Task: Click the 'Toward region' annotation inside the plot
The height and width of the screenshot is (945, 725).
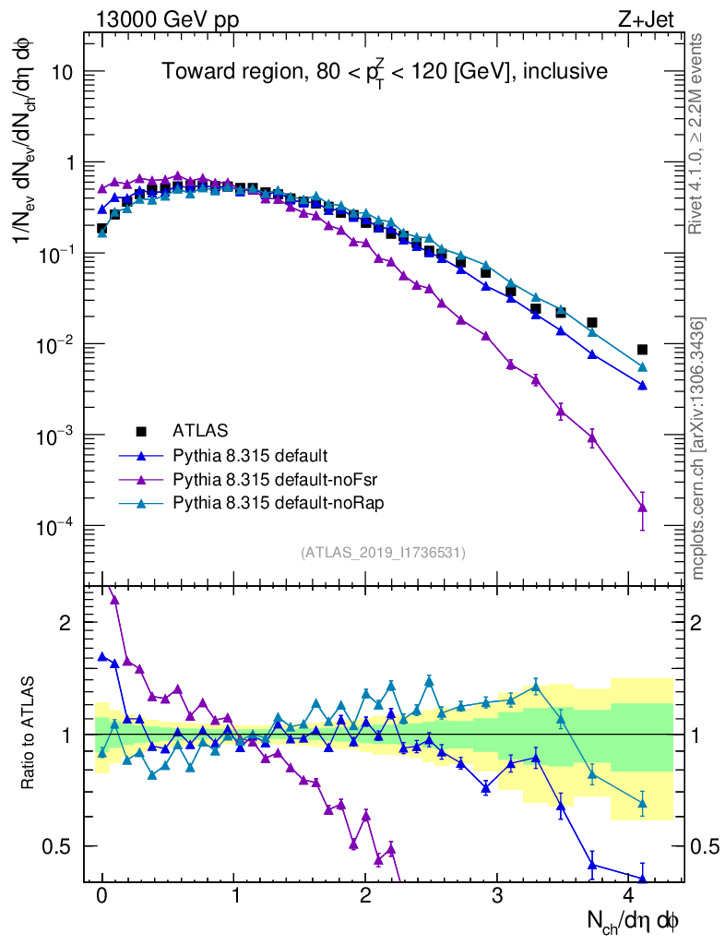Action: [x=385, y=72]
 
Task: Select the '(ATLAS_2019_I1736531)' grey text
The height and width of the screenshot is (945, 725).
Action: [x=383, y=553]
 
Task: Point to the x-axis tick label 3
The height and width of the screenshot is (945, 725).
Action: [x=498, y=895]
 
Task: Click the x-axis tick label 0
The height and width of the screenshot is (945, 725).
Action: [x=102, y=895]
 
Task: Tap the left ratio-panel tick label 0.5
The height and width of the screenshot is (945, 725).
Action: [x=59, y=846]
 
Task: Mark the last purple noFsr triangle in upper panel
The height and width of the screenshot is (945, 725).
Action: [x=642, y=507]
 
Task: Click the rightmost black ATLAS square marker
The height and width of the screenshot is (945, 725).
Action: [x=642, y=350]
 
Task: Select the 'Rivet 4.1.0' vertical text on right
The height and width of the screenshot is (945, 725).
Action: [x=697, y=134]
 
